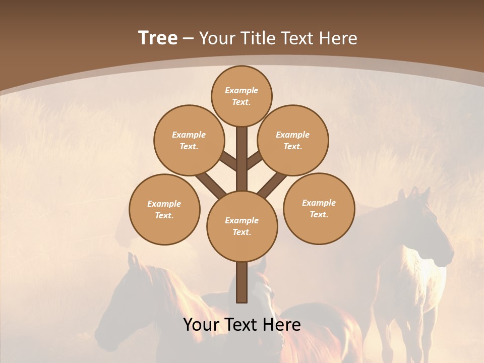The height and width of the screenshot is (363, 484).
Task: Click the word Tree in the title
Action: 158,38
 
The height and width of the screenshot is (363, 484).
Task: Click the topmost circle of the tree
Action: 241,96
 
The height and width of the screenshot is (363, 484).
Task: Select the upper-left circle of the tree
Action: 189,140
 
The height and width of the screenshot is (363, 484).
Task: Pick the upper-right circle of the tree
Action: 293,140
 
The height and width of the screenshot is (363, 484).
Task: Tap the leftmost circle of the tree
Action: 164,209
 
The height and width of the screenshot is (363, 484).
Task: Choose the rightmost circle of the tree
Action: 319,208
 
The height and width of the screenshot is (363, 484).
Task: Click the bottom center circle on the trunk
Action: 242,226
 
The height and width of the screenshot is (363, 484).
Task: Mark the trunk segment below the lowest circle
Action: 242,282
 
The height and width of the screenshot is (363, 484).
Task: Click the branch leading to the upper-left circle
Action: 229,162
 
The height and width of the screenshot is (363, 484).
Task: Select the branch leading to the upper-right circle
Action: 255,160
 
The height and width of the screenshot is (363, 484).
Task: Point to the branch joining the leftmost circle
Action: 210,185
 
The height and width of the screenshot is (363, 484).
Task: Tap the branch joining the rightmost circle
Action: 273,185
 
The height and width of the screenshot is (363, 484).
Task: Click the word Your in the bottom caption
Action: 201,325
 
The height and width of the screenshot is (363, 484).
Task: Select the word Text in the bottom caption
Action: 241,325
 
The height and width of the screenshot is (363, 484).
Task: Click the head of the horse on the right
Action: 426,227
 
